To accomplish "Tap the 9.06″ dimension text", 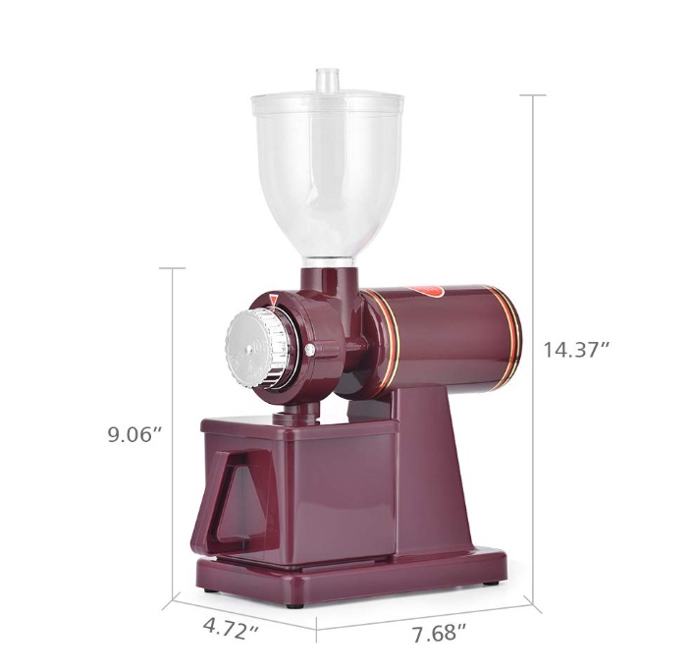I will pos(133,433).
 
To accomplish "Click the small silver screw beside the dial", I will pos(309,347).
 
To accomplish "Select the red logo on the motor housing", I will pos(432,289).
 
